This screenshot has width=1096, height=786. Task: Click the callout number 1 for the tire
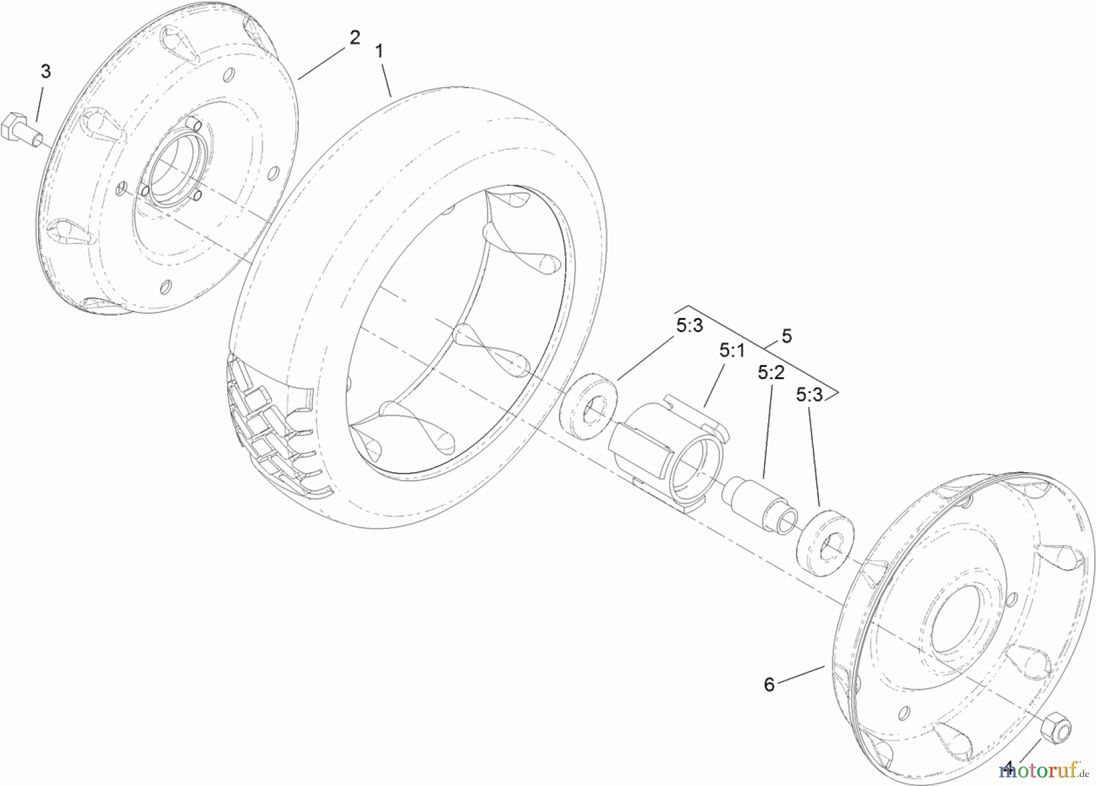point(379,52)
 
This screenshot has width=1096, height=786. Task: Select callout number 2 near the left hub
point(354,38)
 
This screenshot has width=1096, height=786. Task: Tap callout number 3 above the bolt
point(46,71)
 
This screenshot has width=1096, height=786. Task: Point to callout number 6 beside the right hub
point(769,685)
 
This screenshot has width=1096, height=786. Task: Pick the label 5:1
point(732,350)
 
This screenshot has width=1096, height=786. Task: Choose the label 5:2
point(771,372)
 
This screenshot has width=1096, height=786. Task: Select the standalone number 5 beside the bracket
point(787,336)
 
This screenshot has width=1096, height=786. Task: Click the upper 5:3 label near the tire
point(689,325)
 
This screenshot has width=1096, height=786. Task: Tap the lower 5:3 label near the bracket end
point(809,395)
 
